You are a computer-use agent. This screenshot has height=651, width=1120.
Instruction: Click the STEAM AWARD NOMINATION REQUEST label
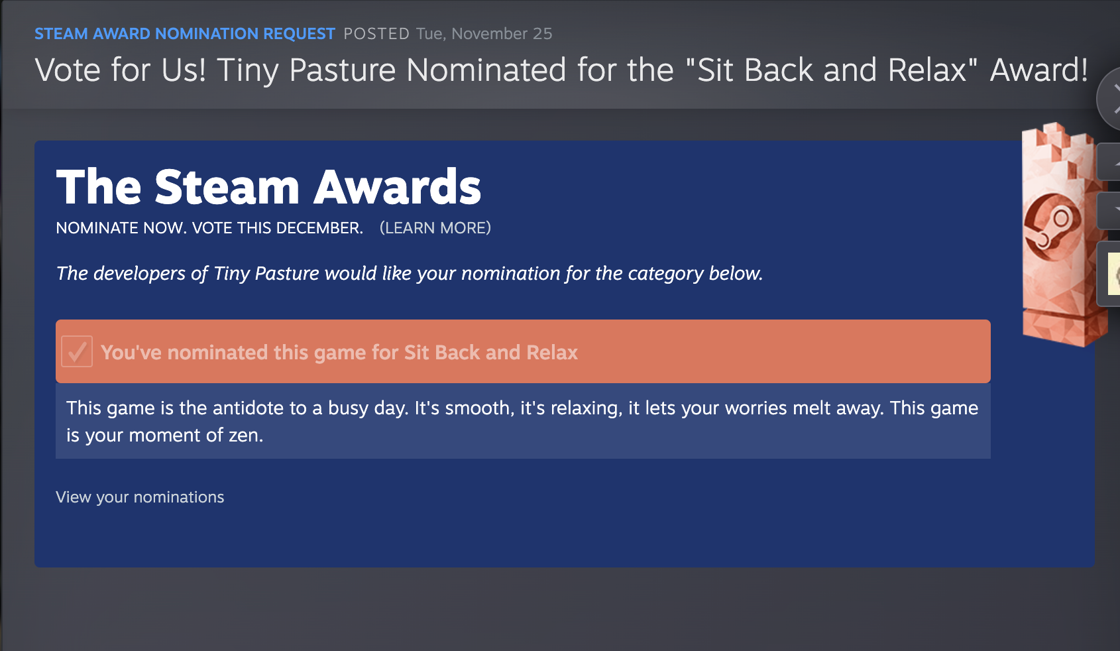pyautogui.click(x=184, y=34)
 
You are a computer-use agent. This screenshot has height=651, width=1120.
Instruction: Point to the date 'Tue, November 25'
pyautogui.click(x=484, y=34)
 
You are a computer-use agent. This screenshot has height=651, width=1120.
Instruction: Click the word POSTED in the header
pyautogui.click(x=376, y=34)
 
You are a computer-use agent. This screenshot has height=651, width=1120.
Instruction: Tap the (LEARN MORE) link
pyautogui.click(x=435, y=228)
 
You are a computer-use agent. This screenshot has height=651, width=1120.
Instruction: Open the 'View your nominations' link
pyautogui.click(x=140, y=497)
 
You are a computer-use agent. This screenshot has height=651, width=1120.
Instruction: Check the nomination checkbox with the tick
pyautogui.click(x=76, y=351)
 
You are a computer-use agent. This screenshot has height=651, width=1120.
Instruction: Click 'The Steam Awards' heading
pyautogui.click(x=268, y=187)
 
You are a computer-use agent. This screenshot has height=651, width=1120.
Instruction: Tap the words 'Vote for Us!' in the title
pyautogui.click(x=120, y=70)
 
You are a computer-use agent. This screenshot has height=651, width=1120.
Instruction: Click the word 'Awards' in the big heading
pyautogui.click(x=397, y=187)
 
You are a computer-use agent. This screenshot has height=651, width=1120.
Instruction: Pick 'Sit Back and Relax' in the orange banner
pyautogui.click(x=491, y=353)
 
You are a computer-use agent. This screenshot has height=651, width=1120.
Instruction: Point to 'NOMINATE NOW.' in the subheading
pyautogui.click(x=121, y=228)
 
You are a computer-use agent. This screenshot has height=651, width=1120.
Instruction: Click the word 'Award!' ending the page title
pyautogui.click(x=1039, y=70)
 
